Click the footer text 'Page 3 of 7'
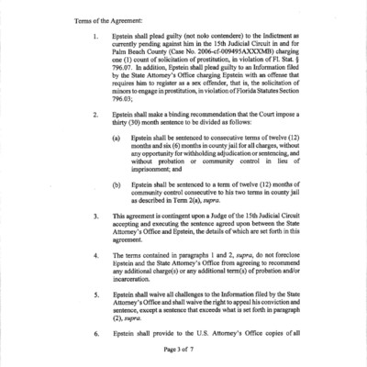pos(183,351)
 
